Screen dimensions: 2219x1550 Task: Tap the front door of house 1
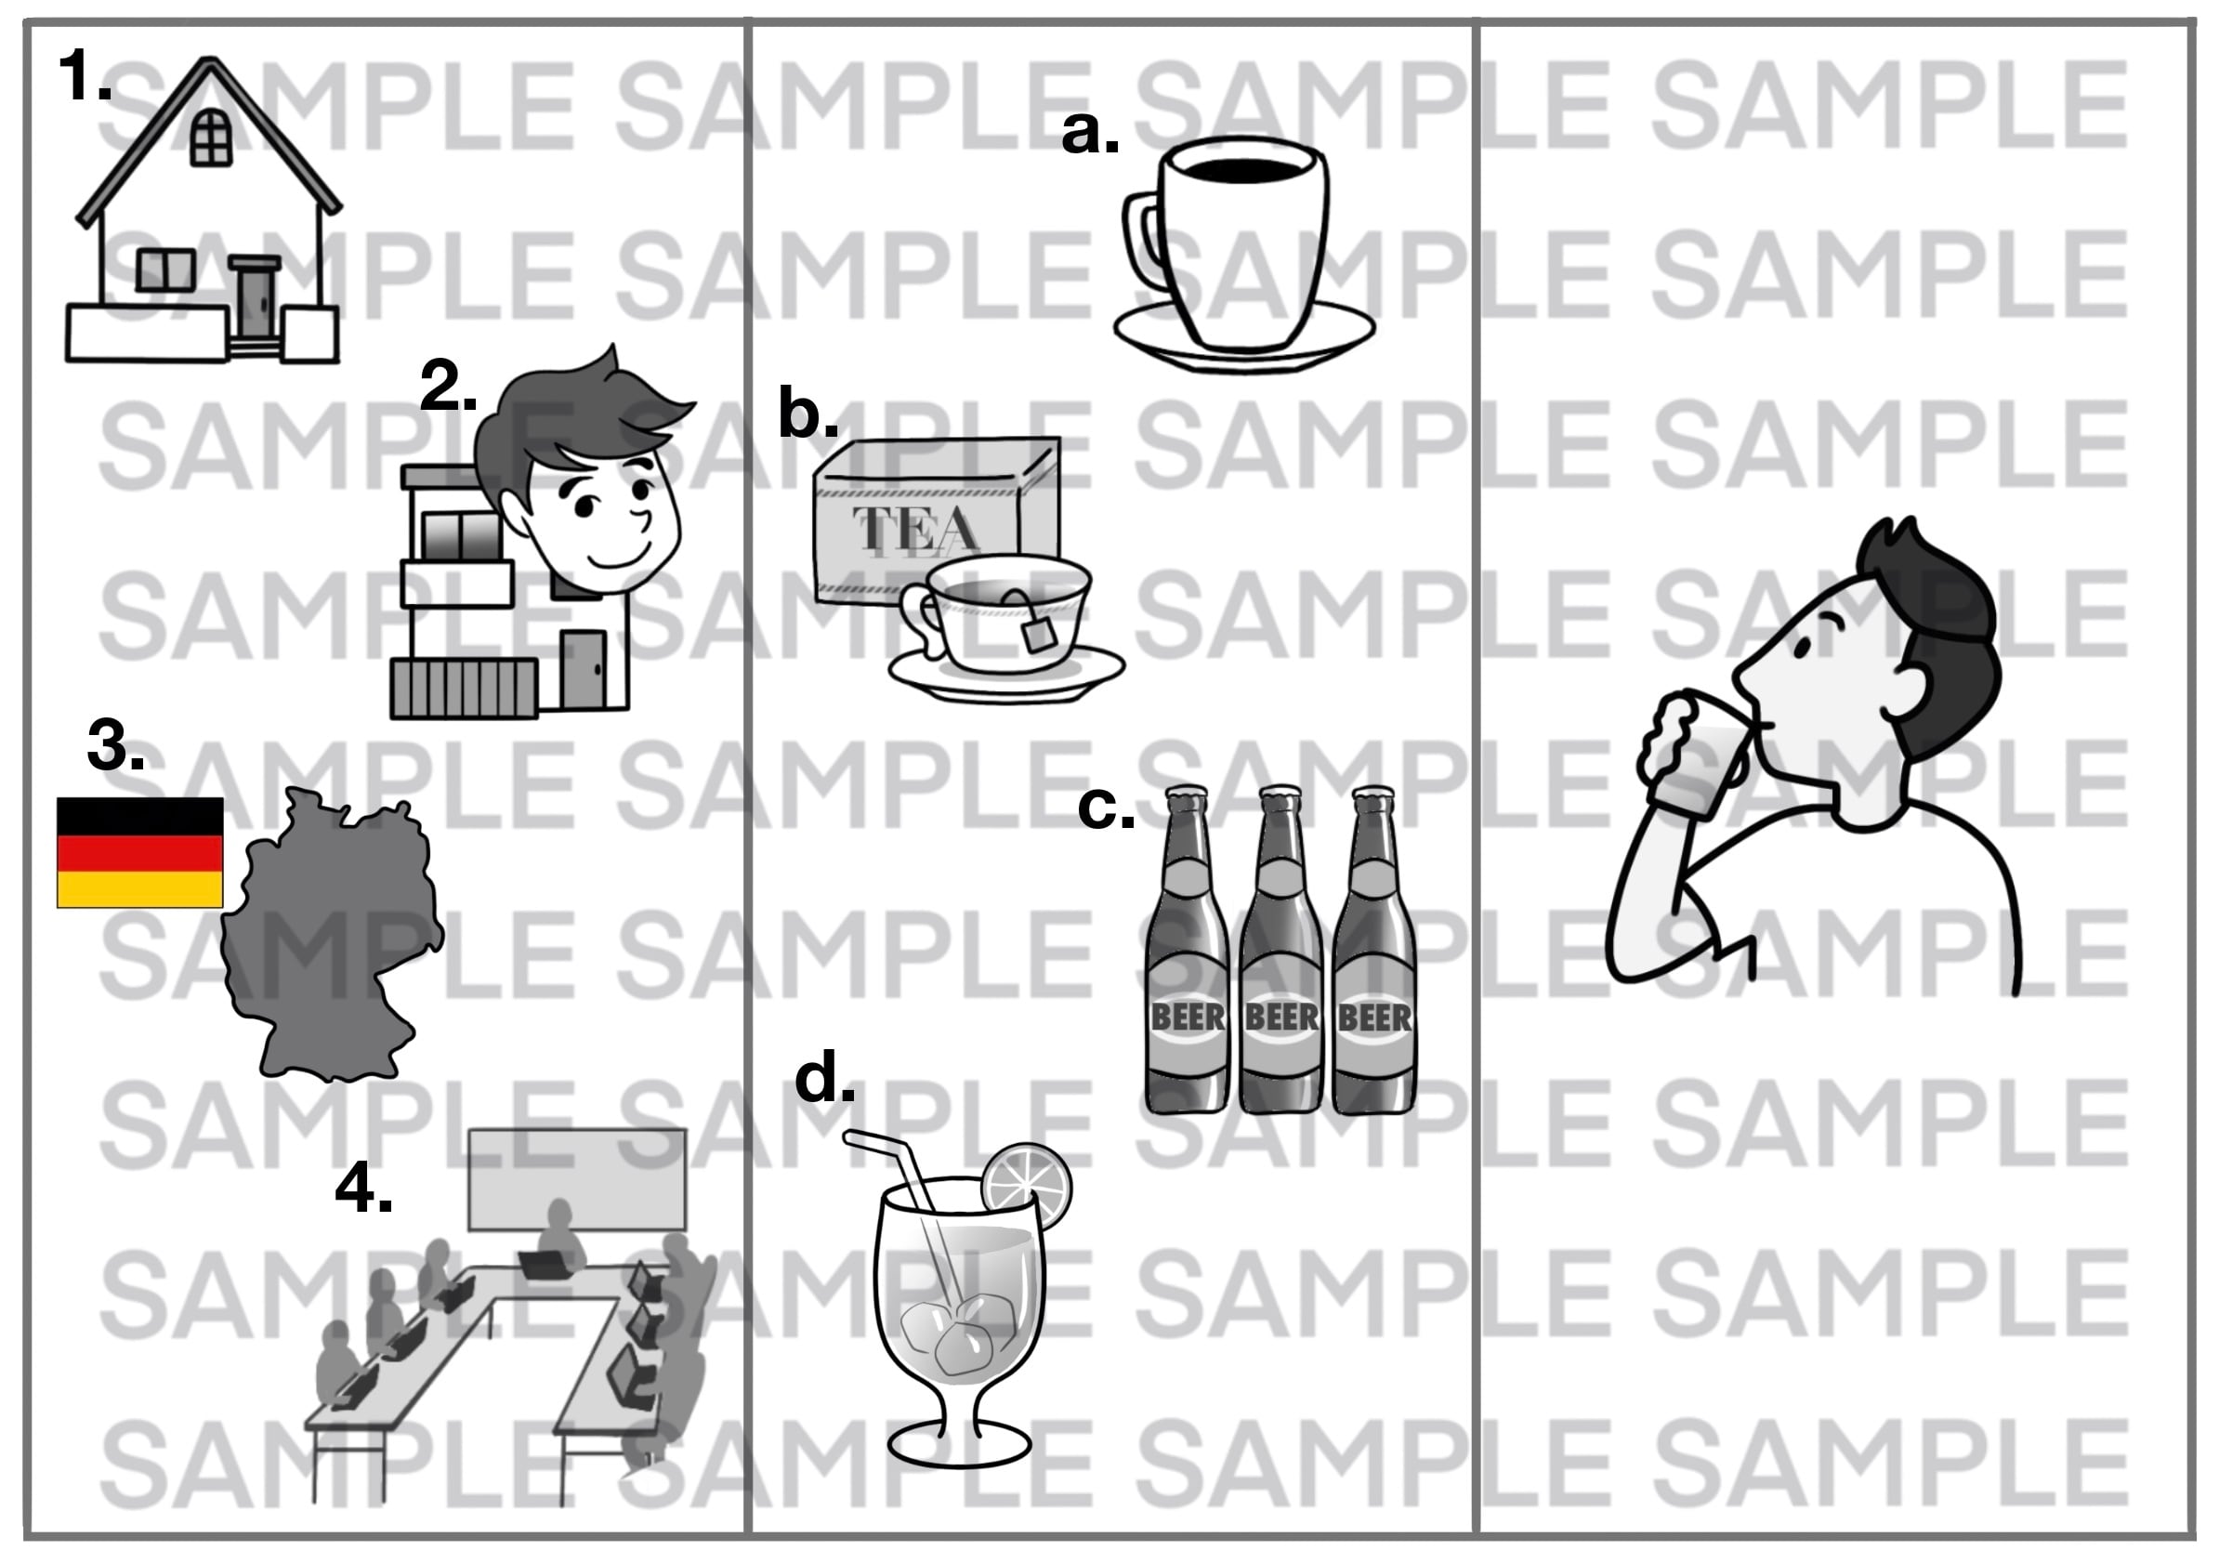[255, 302]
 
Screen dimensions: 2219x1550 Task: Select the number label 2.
[449, 387]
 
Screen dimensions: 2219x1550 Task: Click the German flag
[140, 852]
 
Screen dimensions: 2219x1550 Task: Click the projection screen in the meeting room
[577, 1178]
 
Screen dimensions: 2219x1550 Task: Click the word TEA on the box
[916, 529]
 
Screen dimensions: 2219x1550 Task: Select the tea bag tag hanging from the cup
[1039, 634]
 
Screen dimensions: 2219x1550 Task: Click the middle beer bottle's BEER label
[1281, 1017]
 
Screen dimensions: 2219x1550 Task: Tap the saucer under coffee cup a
[1245, 335]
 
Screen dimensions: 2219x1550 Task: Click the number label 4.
[363, 1188]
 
